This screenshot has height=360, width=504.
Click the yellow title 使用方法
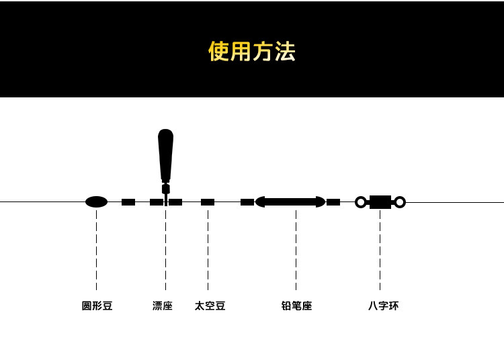coord(252,52)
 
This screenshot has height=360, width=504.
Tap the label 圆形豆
coord(97,306)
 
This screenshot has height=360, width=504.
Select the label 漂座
coord(163,306)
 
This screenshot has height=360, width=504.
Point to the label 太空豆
coord(210,306)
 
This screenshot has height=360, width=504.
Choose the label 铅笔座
coord(296,306)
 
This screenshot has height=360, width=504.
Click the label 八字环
coord(383,306)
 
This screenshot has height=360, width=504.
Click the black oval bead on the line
coord(97,201)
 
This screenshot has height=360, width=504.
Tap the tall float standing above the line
coord(165,154)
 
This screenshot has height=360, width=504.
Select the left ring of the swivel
coord(361,202)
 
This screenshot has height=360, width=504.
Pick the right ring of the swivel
coord(400,202)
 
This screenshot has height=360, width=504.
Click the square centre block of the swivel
coord(380,202)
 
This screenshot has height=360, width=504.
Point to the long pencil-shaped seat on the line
coord(290,201)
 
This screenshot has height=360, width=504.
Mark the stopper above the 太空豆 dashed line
coord(208,202)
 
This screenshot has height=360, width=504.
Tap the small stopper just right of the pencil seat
coord(333,202)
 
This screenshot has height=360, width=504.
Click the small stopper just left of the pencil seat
coord(247,202)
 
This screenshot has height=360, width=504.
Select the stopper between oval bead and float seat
coord(128,202)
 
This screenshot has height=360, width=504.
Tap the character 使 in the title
coord(219,52)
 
